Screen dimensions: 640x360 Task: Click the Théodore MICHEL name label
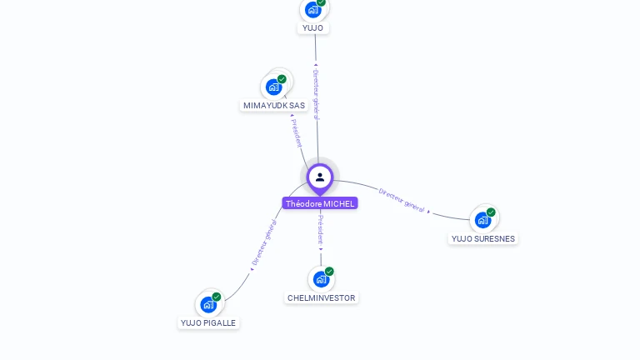click(x=320, y=203)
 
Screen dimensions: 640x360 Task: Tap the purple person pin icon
click(x=320, y=177)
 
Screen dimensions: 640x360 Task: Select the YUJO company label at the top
click(x=313, y=27)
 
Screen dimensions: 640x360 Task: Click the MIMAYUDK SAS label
click(x=274, y=105)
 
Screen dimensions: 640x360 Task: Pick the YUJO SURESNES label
click(x=483, y=238)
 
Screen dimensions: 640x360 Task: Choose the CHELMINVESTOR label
click(x=321, y=297)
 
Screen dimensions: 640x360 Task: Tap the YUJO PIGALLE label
click(x=208, y=322)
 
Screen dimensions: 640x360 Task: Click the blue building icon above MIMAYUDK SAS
click(x=273, y=87)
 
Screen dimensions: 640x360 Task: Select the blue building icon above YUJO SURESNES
click(x=482, y=220)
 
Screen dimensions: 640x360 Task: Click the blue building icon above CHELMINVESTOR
click(x=321, y=279)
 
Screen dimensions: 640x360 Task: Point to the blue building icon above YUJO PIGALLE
click(x=208, y=305)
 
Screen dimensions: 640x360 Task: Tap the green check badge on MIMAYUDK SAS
click(x=282, y=79)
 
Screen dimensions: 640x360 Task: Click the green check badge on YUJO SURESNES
click(x=491, y=212)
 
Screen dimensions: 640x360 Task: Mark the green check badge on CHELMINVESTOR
click(x=329, y=272)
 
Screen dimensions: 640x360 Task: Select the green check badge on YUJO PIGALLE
click(x=217, y=297)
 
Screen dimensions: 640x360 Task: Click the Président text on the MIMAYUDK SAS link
click(x=297, y=132)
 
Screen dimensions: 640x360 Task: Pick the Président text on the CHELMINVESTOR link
click(x=321, y=230)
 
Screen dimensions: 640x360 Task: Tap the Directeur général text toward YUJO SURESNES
click(x=402, y=199)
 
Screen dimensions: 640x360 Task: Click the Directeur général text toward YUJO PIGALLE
click(x=264, y=242)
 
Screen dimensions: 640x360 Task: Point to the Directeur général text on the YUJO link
click(x=316, y=93)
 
